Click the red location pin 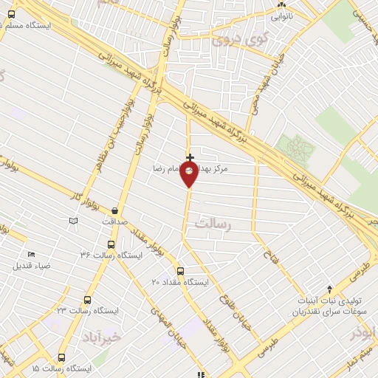(x=190, y=174)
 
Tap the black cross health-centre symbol (x=190, y=157)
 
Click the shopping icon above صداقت (x=114, y=211)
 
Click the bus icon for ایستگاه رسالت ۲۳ (x=88, y=300)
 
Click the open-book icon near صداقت (x=73, y=221)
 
